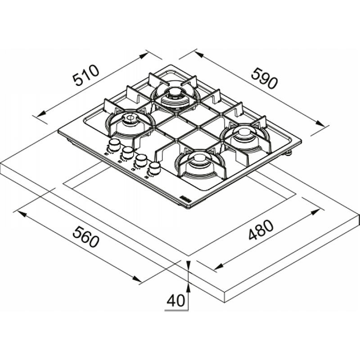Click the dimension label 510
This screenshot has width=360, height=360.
click(x=86, y=75)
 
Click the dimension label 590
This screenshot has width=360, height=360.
click(x=265, y=78)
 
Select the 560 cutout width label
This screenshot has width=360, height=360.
click(x=86, y=237)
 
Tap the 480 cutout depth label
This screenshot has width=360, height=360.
click(x=261, y=229)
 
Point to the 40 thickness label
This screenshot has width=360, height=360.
click(x=175, y=300)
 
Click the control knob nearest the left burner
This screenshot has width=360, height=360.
click(x=114, y=145)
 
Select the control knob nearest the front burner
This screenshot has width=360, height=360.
click(x=154, y=168)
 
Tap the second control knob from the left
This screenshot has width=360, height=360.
click(x=128, y=153)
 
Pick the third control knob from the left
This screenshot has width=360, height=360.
click(x=141, y=160)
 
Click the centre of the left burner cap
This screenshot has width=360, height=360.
click(x=130, y=118)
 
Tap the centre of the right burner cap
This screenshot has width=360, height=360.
click(x=244, y=132)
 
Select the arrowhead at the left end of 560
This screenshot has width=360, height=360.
click(x=21, y=214)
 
